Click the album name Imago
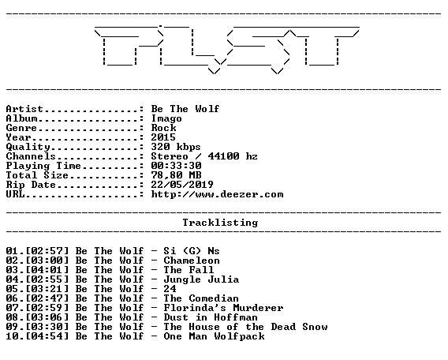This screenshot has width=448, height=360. (x=166, y=118)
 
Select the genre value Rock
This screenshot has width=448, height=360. (x=164, y=128)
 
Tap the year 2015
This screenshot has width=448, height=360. (x=163, y=137)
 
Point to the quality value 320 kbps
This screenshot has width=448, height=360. (x=176, y=147)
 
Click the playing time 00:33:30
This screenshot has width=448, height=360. (x=177, y=166)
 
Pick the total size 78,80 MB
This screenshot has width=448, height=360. (x=177, y=175)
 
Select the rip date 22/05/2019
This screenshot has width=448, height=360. (x=182, y=185)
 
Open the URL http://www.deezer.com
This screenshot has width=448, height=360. (x=217, y=194)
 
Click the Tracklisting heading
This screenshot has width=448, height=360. (x=220, y=223)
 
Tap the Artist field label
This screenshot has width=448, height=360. (x=24, y=109)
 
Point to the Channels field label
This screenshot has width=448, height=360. (x=31, y=156)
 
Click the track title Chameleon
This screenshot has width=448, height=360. (x=192, y=261)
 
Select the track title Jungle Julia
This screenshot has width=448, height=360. (x=201, y=279)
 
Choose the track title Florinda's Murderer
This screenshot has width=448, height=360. (x=223, y=308)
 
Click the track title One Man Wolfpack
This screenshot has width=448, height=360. (x=214, y=336)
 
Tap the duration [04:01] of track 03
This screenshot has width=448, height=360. (x=47, y=270)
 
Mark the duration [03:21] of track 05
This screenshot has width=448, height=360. (x=47, y=289)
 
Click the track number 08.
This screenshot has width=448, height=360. (x=12, y=317)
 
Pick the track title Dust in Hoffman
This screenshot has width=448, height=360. (x=211, y=317)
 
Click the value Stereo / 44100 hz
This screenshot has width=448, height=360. (x=204, y=156)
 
